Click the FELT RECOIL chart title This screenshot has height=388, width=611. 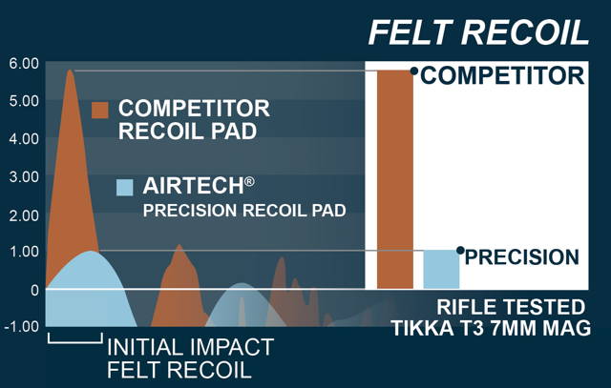[x=478, y=33]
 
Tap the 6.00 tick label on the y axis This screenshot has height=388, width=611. [x=24, y=64]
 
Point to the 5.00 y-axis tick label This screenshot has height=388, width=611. [x=24, y=101]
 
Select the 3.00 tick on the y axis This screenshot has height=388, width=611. [x=24, y=177]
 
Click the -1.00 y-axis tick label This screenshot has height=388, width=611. [x=21, y=327]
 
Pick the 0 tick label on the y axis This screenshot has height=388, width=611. [x=34, y=290]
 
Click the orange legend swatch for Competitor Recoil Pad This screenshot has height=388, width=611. [x=99, y=110]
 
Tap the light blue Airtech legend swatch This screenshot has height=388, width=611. [x=125, y=187]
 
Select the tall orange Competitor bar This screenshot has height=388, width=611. [x=395, y=179]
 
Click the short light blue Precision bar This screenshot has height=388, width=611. [x=441, y=269]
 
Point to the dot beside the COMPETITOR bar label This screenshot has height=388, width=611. [x=414, y=71]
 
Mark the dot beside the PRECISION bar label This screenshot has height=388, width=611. [x=460, y=250]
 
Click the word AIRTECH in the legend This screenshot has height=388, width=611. [x=193, y=186]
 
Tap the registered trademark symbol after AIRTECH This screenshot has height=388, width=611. [x=250, y=182]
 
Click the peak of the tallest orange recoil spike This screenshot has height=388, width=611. [x=70, y=71]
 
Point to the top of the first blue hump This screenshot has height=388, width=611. [x=91, y=251]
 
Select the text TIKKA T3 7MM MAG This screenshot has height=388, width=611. [x=491, y=328]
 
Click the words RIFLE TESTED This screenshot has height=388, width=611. [x=511, y=307]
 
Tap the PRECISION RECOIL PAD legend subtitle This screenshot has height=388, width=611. [x=244, y=211]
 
